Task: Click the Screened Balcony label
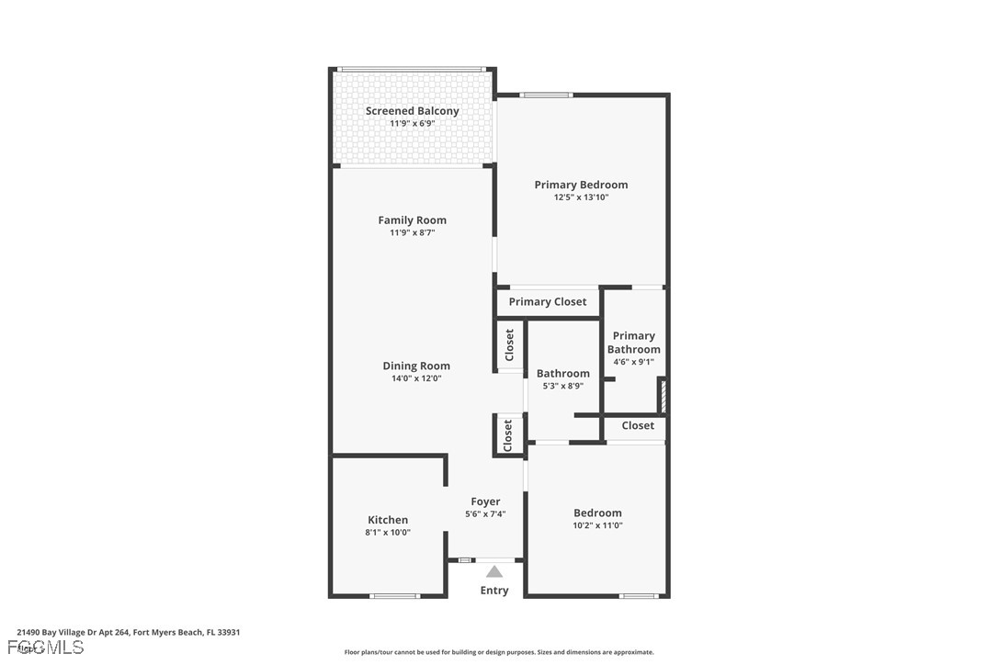(412, 111)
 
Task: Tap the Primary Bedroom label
(581, 185)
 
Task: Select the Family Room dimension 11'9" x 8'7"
(412, 232)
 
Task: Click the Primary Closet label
(548, 301)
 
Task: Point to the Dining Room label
(416, 366)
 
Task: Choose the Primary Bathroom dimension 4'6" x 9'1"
(633, 362)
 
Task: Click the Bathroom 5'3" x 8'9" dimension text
(562, 386)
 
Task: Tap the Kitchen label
(388, 520)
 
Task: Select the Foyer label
(485, 502)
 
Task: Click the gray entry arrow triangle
(494, 571)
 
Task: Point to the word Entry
(494, 591)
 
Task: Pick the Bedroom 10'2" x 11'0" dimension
(597, 525)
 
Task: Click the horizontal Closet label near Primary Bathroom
(638, 425)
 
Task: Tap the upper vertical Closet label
(509, 345)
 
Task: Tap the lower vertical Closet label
(508, 435)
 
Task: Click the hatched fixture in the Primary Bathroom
(661, 396)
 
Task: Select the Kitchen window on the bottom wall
(394, 596)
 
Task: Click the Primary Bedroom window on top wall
(546, 95)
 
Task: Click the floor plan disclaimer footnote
(499, 652)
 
